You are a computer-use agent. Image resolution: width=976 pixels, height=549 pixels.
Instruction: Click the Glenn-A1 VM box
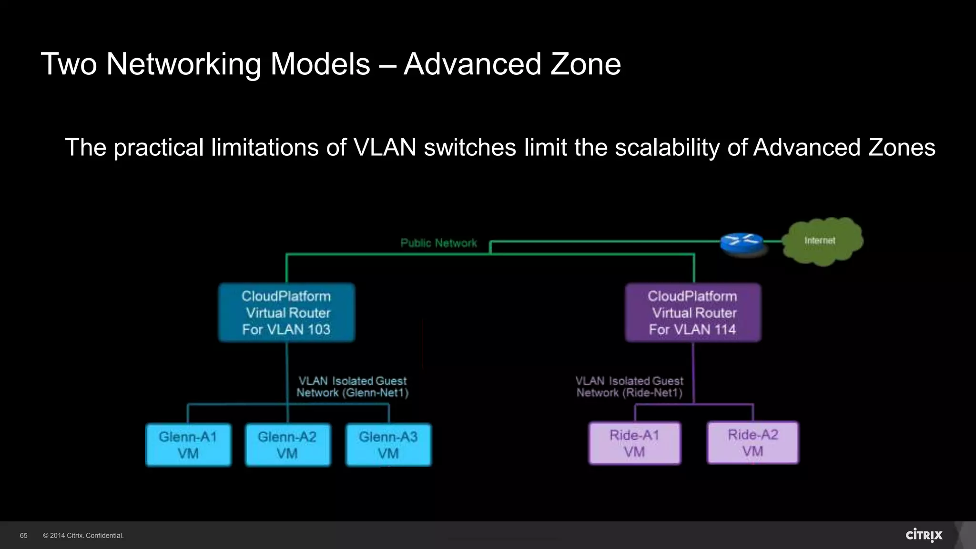click(188, 445)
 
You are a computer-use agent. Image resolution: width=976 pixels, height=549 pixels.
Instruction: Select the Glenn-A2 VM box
click(287, 445)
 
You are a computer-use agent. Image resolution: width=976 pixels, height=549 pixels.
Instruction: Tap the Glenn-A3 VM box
click(388, 445)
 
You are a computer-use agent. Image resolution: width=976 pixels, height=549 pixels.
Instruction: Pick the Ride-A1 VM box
click(635, 443)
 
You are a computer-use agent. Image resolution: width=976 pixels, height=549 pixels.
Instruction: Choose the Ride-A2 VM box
click(753, 443)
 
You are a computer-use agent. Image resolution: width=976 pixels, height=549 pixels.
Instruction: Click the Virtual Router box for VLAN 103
click(286, 313)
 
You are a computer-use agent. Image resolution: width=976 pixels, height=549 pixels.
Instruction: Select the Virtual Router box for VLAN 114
click(693, 313)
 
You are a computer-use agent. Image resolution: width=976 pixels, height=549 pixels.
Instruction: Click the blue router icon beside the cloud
click(741, 243)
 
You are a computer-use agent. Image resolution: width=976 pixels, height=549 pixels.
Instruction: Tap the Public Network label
click(438, 243)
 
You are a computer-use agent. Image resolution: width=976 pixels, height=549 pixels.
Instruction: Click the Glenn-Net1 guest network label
click(353, 387)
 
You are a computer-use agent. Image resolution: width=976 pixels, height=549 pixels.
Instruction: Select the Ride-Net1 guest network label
click(630, 387)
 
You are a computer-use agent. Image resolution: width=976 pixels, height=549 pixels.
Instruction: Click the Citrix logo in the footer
click(924, 535)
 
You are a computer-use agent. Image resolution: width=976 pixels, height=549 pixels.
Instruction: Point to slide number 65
click(24, 536)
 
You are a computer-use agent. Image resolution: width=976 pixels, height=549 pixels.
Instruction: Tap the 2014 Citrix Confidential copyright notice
click(83, 536)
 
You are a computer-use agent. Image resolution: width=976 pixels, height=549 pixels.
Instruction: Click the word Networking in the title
click(183, 64)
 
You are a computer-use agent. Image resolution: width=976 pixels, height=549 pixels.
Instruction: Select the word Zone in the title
click(586, 64)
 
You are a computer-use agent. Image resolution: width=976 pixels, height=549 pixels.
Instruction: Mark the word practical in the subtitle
click(159, 147)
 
